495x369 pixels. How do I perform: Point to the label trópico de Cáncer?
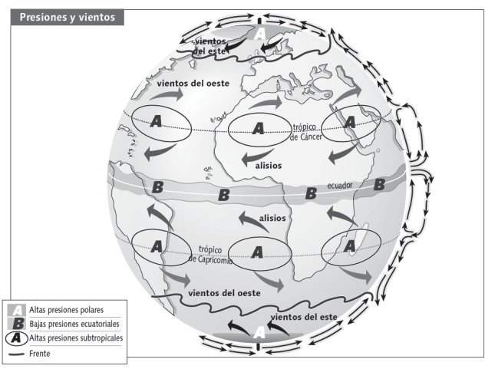pyautogui.click(x=309, y=131)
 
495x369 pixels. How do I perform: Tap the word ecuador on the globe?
pyautogui.click(x=342, y=186)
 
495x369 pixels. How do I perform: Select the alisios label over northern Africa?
pyautogui.click(x=269, y=165)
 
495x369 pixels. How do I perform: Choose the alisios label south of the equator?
pyautogui.click(x=272, y=219)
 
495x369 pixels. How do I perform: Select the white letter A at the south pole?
pyautogui.click(x=259, y=332)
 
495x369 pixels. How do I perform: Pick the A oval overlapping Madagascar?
pyautogui.click(x=350, y=245)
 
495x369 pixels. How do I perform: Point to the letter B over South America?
pyautogui.click(x=158, y=188)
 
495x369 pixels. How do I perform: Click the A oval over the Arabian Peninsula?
pyautogui.click(x=350, y=122)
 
